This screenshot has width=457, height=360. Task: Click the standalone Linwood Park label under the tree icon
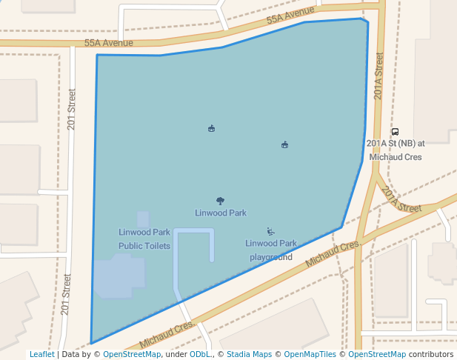point(221,213)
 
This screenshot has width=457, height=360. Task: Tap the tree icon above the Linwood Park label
point(220,201)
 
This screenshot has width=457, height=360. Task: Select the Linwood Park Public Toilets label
point(144,239)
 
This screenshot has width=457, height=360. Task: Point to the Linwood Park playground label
point(270,250)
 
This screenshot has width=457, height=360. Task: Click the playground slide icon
point(270,232)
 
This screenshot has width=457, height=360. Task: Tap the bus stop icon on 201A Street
point(395,132)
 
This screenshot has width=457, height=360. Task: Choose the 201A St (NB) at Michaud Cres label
point(395,150)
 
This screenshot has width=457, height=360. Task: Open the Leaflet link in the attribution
point(41,355)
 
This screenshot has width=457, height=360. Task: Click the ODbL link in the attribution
point(200,355)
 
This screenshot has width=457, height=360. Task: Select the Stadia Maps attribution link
point(249,355)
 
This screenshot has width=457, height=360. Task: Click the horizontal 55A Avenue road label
point(108,43)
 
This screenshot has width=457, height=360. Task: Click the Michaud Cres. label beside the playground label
point(333,253)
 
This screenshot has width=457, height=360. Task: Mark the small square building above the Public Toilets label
point(143,219)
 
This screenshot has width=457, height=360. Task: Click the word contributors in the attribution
point(431,355)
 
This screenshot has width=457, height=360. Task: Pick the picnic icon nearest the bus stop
point(284,144)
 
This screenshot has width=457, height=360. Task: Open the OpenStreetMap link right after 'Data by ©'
point(132,355)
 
